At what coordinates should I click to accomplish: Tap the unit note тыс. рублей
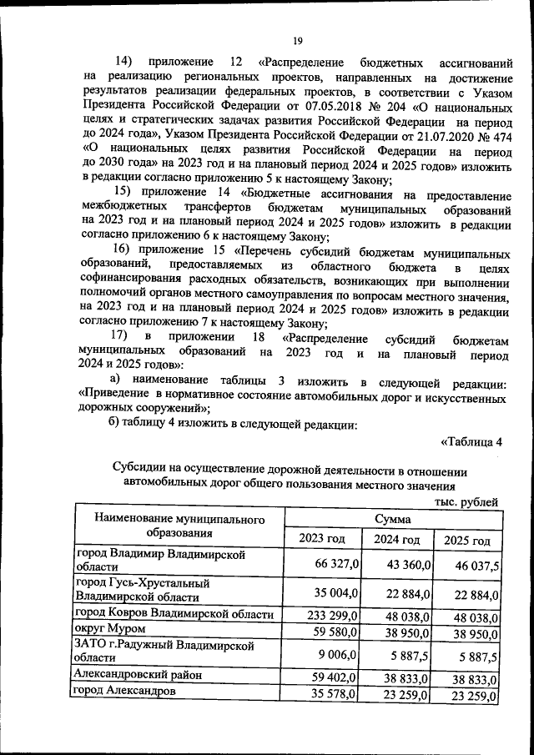pyautogui.click(x=466, y=501)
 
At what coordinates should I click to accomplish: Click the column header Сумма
pyautogui.click(x=391, y=518)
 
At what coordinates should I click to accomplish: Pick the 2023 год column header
pyautogui.click(x=322, y=539)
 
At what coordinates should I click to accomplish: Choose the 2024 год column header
pyautogui.click(x=397, y=539)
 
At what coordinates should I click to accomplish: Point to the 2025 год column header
pyautogui.click(x=467, y=540)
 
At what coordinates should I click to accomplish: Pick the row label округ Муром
pyautogui.click(x=110, y=628)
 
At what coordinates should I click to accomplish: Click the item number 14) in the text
pyautogui.click(x=123, y=63)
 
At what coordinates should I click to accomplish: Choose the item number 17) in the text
pyautogui.click(x=123, y=336)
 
